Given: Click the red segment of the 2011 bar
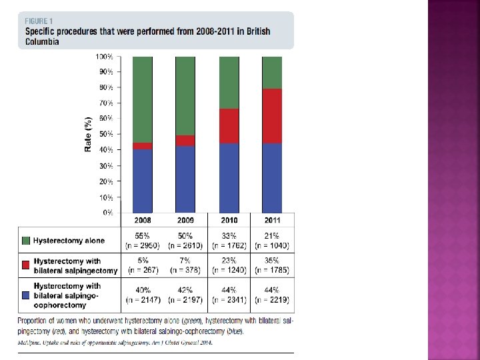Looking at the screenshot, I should point(272,116).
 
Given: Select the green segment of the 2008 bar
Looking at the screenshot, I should point(143,99).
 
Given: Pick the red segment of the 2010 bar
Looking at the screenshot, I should point(229,126).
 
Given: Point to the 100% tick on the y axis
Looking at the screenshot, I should point(105,57).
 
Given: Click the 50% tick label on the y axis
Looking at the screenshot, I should point(105,135).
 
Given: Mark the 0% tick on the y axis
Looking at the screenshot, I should point(107,213).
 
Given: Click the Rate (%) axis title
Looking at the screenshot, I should point(87,133).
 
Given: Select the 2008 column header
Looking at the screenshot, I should point(143,220).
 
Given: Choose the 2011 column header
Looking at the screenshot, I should point(272,220).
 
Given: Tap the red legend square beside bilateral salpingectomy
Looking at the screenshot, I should point(25,266).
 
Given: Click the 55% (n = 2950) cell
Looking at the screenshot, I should point(143,241).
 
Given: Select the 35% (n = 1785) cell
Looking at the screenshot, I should point(272,266).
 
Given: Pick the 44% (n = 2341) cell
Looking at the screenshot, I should point(229,295).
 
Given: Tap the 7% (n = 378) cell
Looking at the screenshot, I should point(185,266).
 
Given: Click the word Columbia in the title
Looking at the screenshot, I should point(42,41).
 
